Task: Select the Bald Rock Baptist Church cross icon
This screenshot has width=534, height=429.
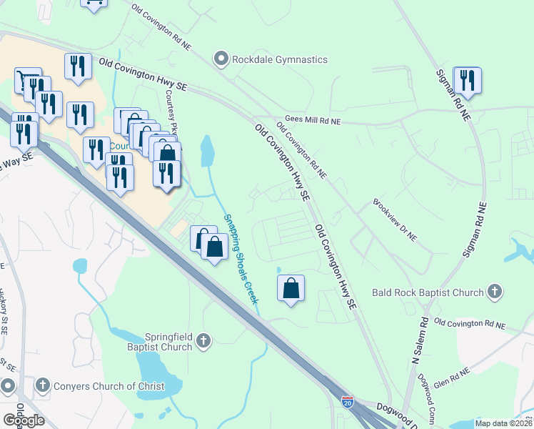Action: pyautogui.click(x=495, y=292)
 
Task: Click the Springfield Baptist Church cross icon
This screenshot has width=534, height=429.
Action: pyautogui.click(x=204, y=340)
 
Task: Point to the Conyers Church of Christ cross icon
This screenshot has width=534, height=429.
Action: pyautogui.click(x=43, y=386)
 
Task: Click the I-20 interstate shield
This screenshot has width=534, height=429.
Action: pyautogui.click(x=347, y=403)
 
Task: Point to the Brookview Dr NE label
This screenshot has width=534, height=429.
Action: pyautogui.click(x=394, y=220)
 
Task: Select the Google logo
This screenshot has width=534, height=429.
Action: pyautogui.click(x=23, y=420)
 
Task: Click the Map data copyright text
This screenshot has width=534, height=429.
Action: pyautogui.click(x=503, y=423)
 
